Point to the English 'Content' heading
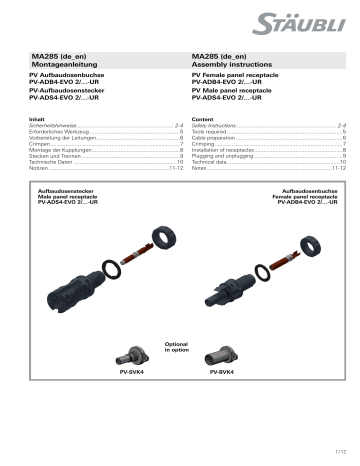click(203, 118)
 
